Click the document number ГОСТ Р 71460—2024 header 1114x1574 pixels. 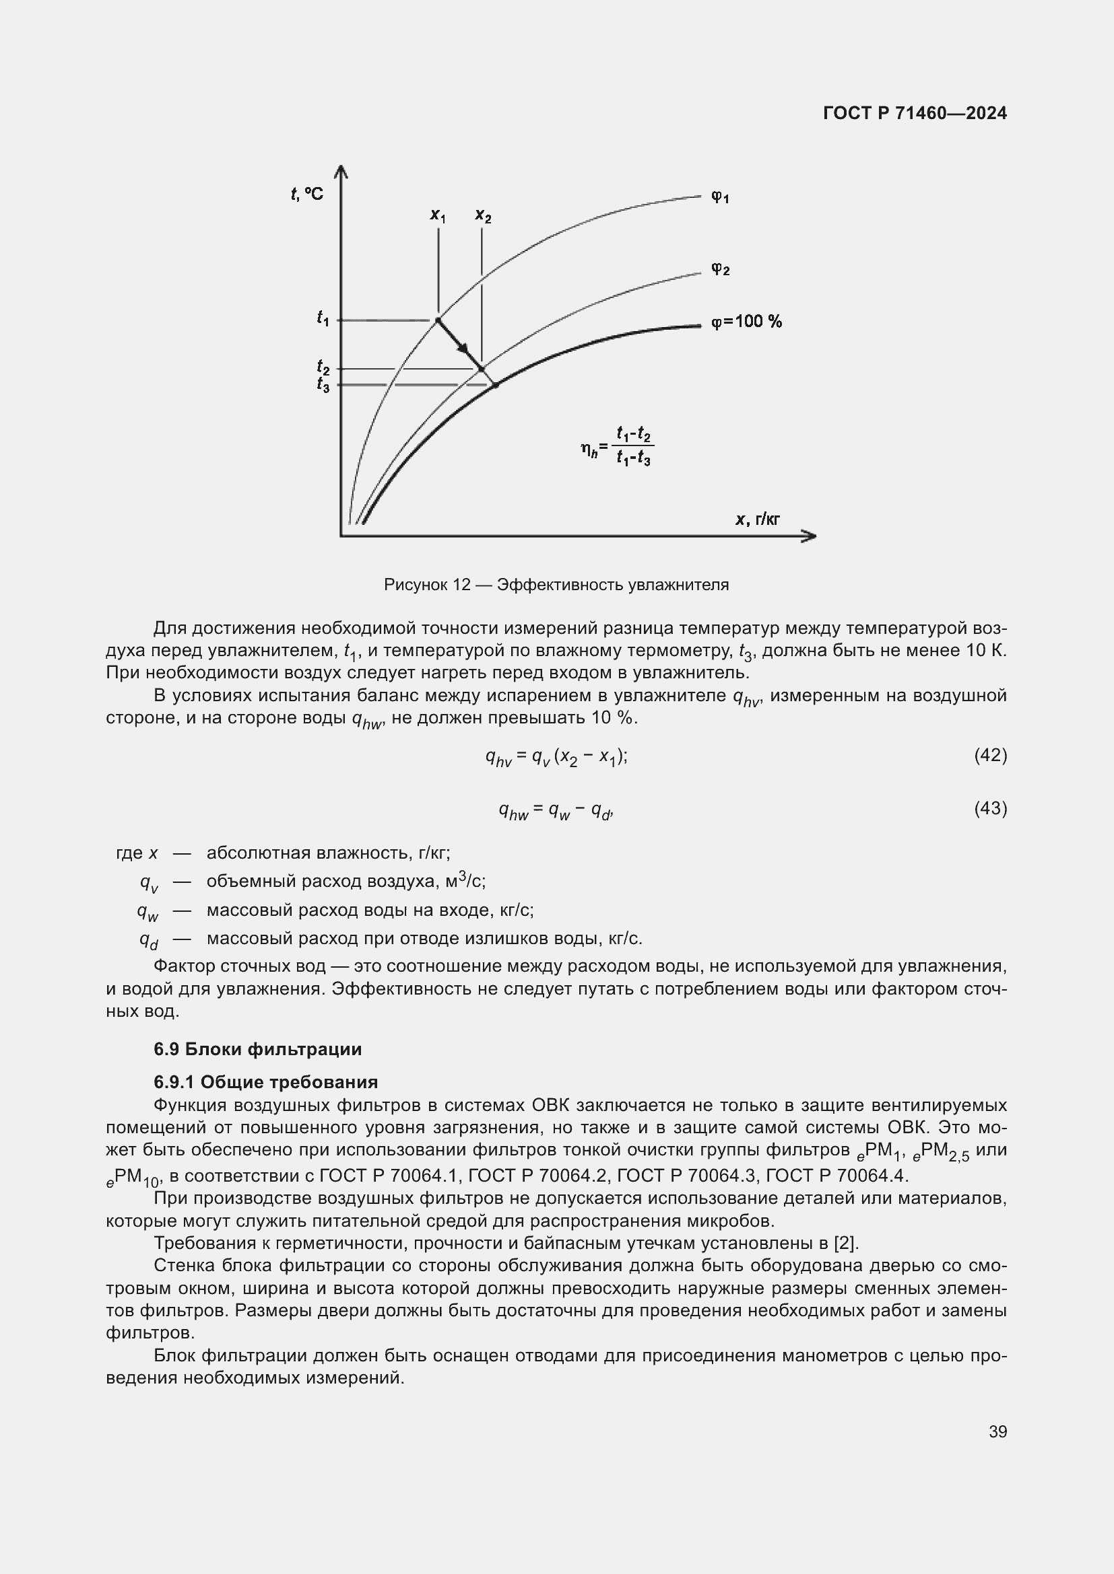[x=915, y=113]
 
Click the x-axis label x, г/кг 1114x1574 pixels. [x=758, y=520]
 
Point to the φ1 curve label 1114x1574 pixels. [x=719, y=197]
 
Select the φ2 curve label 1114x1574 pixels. [x=719, y=269]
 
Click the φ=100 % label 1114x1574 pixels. [x=746, y=322]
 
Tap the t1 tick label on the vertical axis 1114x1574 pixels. [x=323, y=318]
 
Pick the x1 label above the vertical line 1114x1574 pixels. [x=438, y=215]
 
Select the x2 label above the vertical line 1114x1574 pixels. [x=483, y=216]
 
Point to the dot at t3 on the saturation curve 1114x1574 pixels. [x=496, y=386]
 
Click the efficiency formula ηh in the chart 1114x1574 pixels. [x=617, y=447]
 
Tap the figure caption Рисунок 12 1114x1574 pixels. [x=556, y=585]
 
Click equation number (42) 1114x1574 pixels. [x=990, y=756]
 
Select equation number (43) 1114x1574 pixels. [x=990, y=809]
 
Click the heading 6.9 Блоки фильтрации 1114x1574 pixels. [x=257, y=1049]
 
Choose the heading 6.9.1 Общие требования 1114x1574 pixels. [x=265, y=1082]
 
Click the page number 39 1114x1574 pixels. [x=997, y=1431]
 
